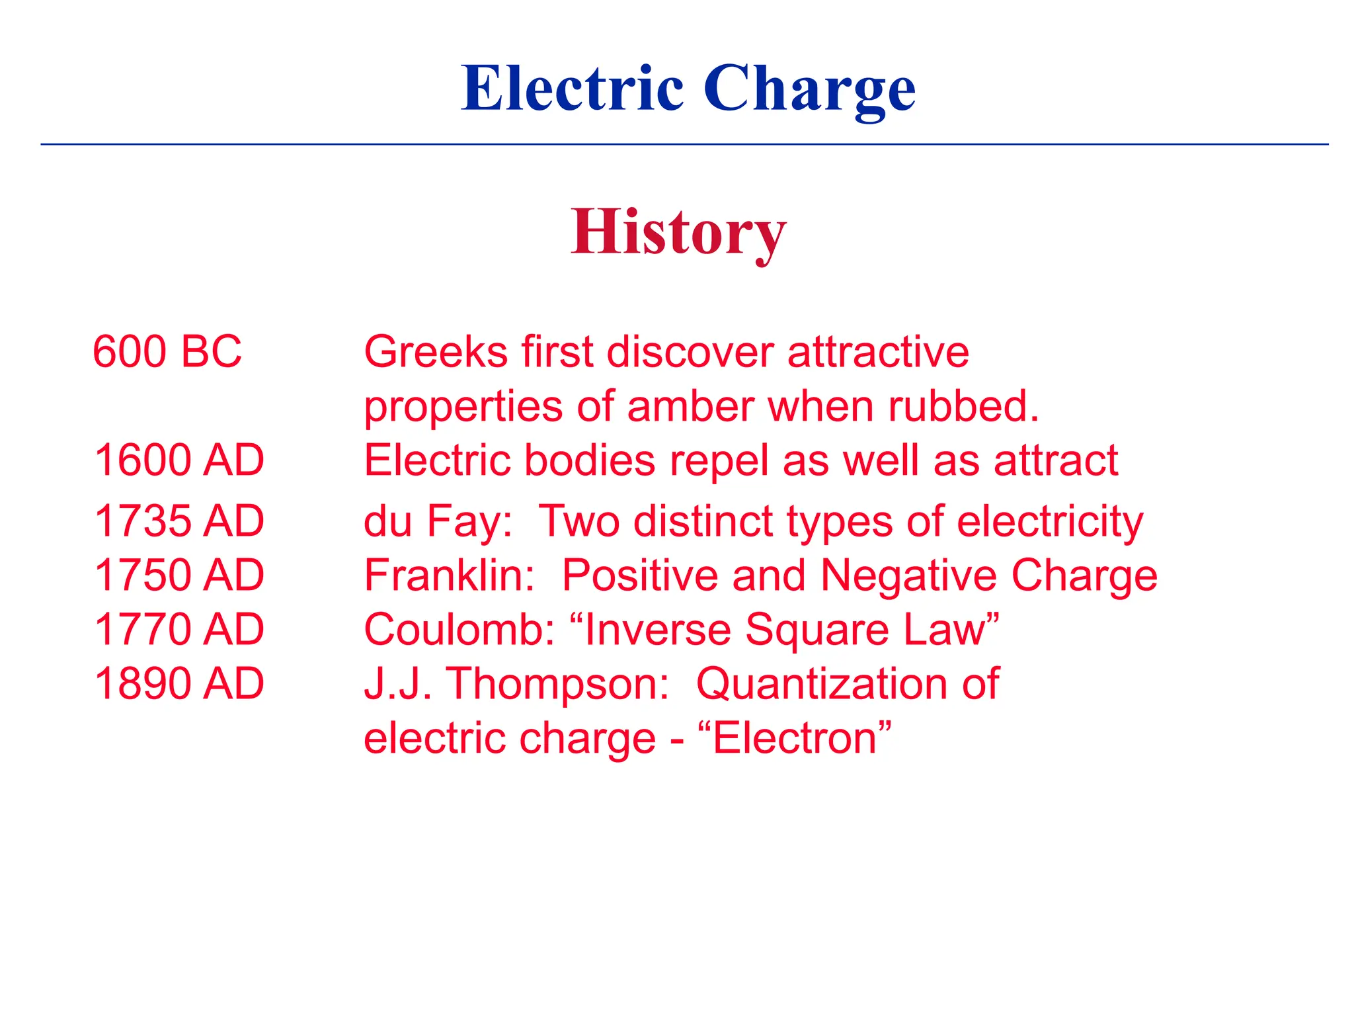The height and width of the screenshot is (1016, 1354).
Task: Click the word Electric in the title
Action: click(572, 89)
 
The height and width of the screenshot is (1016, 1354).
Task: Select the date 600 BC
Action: click(167, 351)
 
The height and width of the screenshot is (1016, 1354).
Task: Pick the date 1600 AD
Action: click(179, 460)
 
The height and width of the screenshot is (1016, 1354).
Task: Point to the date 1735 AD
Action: click(179, 521)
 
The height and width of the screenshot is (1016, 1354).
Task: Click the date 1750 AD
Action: click(179, 575)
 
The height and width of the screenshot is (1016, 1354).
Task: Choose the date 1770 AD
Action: click(179, 629)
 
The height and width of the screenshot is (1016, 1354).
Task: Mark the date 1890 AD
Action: click(179, 683)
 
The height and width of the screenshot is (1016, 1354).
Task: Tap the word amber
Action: click(690, 405)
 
